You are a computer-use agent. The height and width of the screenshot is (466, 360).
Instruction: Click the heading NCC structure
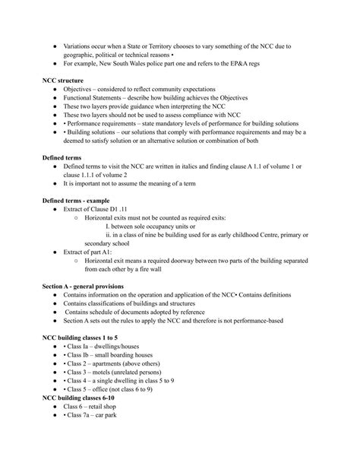[62, 80]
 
